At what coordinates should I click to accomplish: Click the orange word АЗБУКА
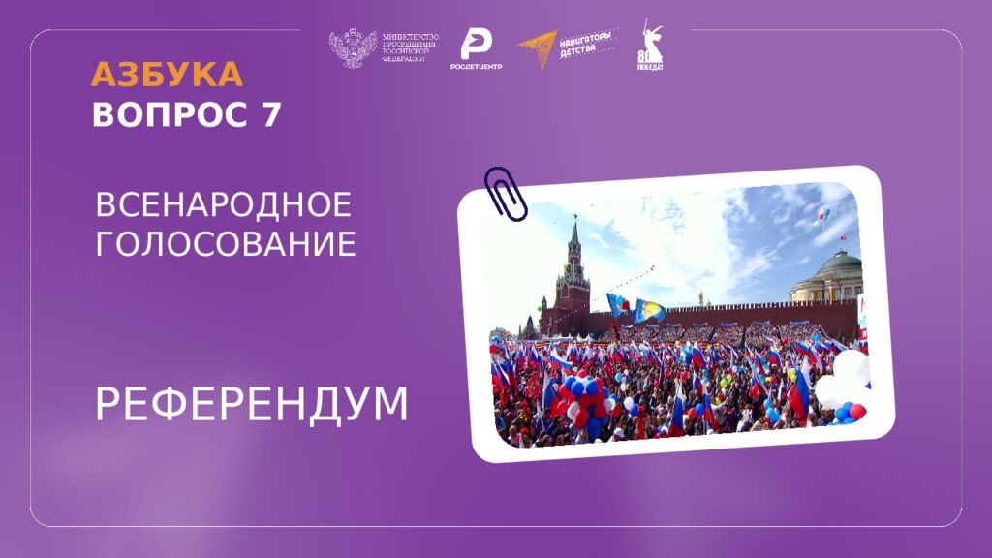click(x=167, y=75)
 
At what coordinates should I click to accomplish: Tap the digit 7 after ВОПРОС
click(x=270, y=114)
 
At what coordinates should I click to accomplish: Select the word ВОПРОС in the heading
click(x=170, y=114)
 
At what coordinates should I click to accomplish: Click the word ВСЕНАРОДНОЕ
click(x=223, y=205)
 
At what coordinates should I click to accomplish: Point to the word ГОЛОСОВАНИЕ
click(x=226, y=244)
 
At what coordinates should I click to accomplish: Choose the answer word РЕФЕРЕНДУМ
click(x=252, y=405)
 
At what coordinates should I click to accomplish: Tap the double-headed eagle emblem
click(x=353, y=49)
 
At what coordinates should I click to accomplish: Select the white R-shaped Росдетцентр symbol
click(x=476, y=44)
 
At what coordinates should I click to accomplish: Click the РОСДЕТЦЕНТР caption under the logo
click(x=476, y=67)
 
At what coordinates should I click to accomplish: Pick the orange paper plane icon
click(x=538, y=46)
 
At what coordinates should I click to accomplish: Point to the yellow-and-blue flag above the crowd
click(x=648, y=310)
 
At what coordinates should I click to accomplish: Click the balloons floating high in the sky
click(x=823, y=213)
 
